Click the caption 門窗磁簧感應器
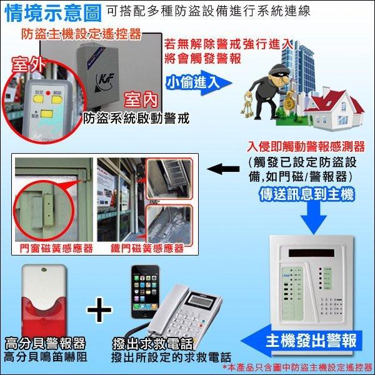(x=52, y=248)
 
